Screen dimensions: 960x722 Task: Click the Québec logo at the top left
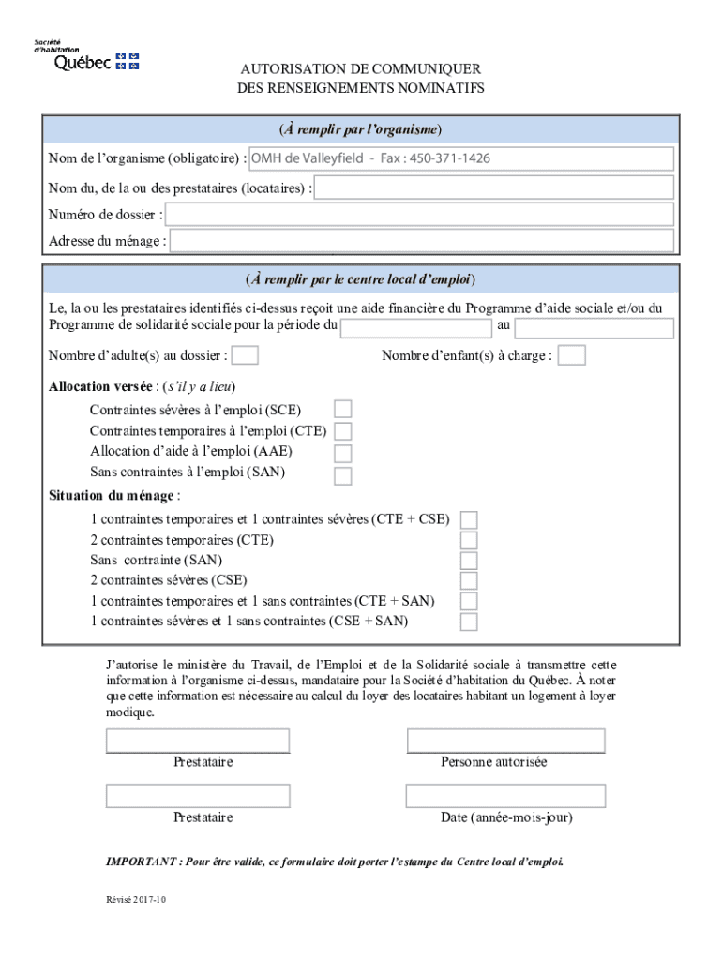click(x=86, y=56)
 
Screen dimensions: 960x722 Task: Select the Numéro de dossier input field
click(x=419, y=215)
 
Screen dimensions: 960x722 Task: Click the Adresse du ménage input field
click(x=421, y=241)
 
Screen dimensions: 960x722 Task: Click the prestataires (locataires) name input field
click(x=494, y=187)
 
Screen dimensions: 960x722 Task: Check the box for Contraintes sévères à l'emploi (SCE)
click(x=343, y=409)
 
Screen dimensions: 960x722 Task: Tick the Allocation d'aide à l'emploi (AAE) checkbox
click(x=343, y=453)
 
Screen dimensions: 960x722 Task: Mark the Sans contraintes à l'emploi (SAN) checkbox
click(x=343, y=474)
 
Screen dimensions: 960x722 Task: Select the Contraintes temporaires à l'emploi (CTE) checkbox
click(x=343, y=431)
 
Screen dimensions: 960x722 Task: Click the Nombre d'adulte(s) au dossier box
click(x=245, y=355)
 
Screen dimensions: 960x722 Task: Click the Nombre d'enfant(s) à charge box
click(x=572, y=355)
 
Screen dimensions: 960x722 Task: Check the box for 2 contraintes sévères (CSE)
click(x=469, y=581)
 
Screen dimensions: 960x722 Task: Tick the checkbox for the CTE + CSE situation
click(x=469, y=519)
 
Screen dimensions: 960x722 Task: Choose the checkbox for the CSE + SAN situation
click(x=469, y=622)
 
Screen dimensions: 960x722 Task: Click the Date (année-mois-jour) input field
click(x=505, y=796)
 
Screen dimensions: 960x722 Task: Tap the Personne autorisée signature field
click(x=505, y=741)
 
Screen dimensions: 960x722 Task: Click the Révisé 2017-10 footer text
click(x=135, y=900)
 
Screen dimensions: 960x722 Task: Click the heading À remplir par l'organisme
click(x=360, y=128)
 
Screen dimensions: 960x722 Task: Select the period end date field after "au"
click(x=594, y=328)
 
